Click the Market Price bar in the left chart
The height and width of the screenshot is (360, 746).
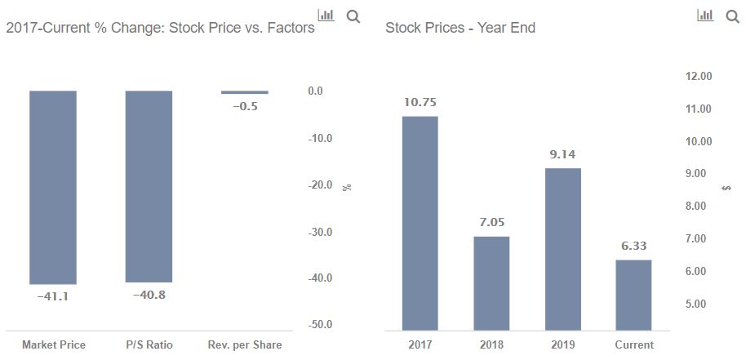pos(53,187)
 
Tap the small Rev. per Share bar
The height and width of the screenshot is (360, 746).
pos(244,92)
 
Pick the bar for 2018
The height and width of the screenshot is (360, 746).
pos(491,282)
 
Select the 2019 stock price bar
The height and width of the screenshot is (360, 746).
pos(562,249)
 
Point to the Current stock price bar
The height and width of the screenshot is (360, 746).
pos(633,294)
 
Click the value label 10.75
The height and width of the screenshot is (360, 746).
pos(420,102)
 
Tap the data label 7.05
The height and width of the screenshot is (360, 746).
pos(491,222)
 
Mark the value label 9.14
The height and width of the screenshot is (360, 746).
pos(562,154)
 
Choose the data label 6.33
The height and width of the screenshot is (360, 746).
pos(633,246)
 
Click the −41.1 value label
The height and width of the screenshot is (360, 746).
pos(53,296)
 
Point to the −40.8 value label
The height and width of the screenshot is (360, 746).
pos(149,294)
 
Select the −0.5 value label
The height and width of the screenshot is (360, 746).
pos(244,106)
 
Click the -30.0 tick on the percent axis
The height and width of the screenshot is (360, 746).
pos(320,232)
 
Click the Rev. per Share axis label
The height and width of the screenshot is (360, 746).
pos(244,344)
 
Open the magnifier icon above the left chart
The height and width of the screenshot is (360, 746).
pos(353,16)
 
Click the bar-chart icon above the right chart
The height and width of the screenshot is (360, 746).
pos(705,16)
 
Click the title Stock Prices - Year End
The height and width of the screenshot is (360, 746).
pos(460,28)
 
